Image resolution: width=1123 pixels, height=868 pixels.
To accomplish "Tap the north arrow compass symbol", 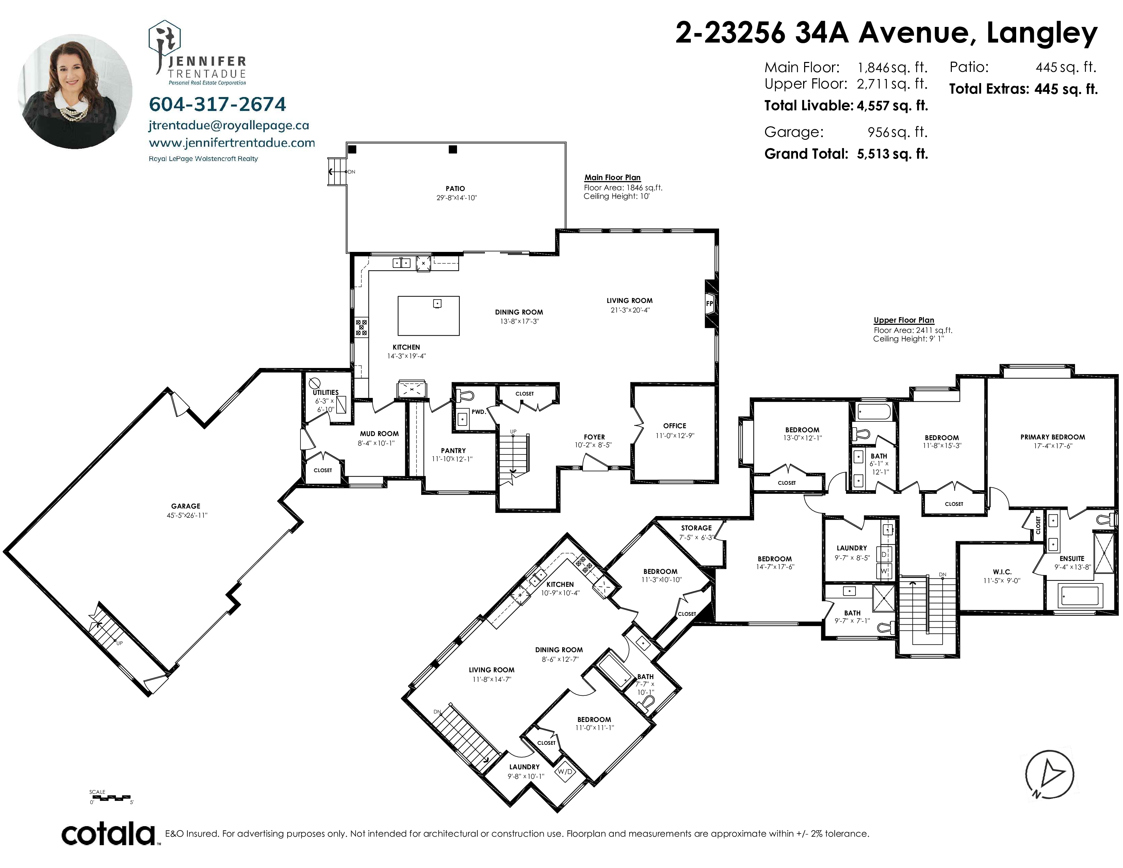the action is pos(1049,774).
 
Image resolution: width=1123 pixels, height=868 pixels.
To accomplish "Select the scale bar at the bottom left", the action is pos(111,798).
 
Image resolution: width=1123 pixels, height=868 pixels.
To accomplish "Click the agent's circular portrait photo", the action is pos(75,92).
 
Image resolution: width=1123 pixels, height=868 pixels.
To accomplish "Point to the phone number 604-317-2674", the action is pos(217,105).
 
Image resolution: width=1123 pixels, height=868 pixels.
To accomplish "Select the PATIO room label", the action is pos(455,189).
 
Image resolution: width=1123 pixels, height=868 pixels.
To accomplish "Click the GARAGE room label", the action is pos(185,506).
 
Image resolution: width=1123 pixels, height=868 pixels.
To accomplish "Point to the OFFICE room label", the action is pos(674,426).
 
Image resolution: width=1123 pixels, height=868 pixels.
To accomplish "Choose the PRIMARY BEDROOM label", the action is pos(1053,437).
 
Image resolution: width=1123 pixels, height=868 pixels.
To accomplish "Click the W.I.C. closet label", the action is pos(1002,572).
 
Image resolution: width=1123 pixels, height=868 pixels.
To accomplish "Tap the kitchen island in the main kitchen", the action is pos(428,316).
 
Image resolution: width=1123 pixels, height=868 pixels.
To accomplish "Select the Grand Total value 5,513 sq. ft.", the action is pos(892,154).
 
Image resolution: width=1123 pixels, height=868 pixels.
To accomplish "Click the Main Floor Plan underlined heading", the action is pos(613,177).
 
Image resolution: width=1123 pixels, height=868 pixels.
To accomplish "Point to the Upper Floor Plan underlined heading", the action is pos(904,320).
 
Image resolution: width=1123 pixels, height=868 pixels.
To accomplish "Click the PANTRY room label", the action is pos(453,450).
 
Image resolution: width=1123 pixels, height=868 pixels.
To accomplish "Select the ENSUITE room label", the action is pos(1072,559).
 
